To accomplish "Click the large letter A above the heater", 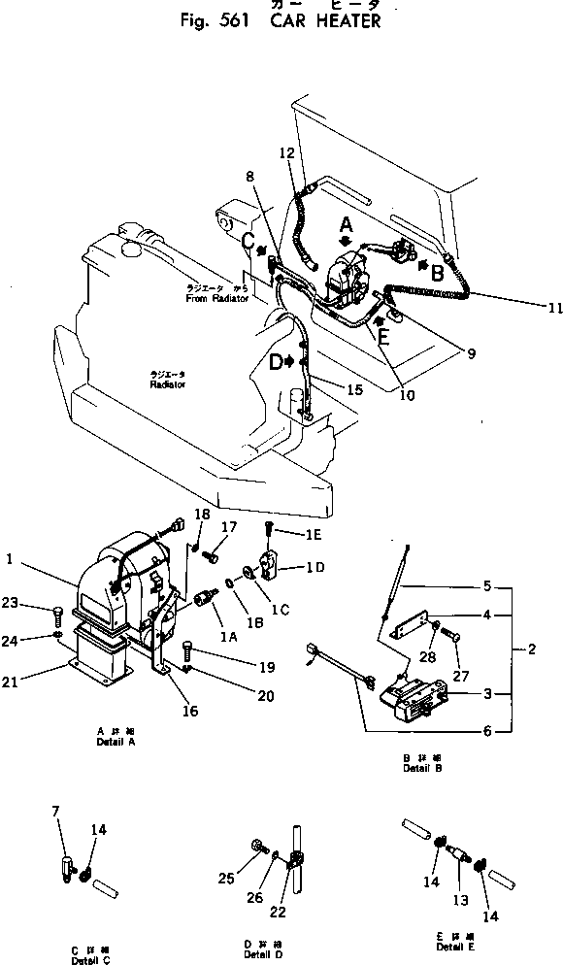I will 347,225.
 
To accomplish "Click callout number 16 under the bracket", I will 190,712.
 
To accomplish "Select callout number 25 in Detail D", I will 225,879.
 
